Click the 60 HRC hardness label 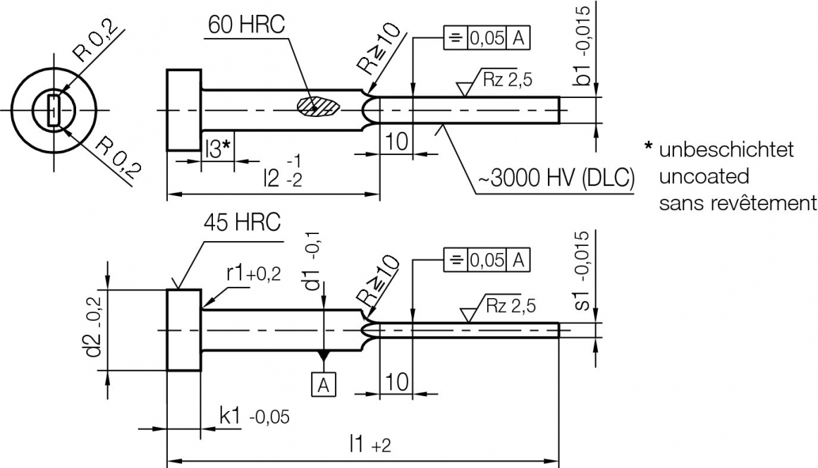(246, 25)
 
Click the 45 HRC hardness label (242, 222)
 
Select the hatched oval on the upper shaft (319, 106)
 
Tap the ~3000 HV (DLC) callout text (556, 178)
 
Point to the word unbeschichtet (726, 149)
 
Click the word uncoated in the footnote (704, 176)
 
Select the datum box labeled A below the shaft (324, 385)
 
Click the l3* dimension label (218, 149)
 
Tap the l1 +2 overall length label (370, 444)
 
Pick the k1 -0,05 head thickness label (254, 417)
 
